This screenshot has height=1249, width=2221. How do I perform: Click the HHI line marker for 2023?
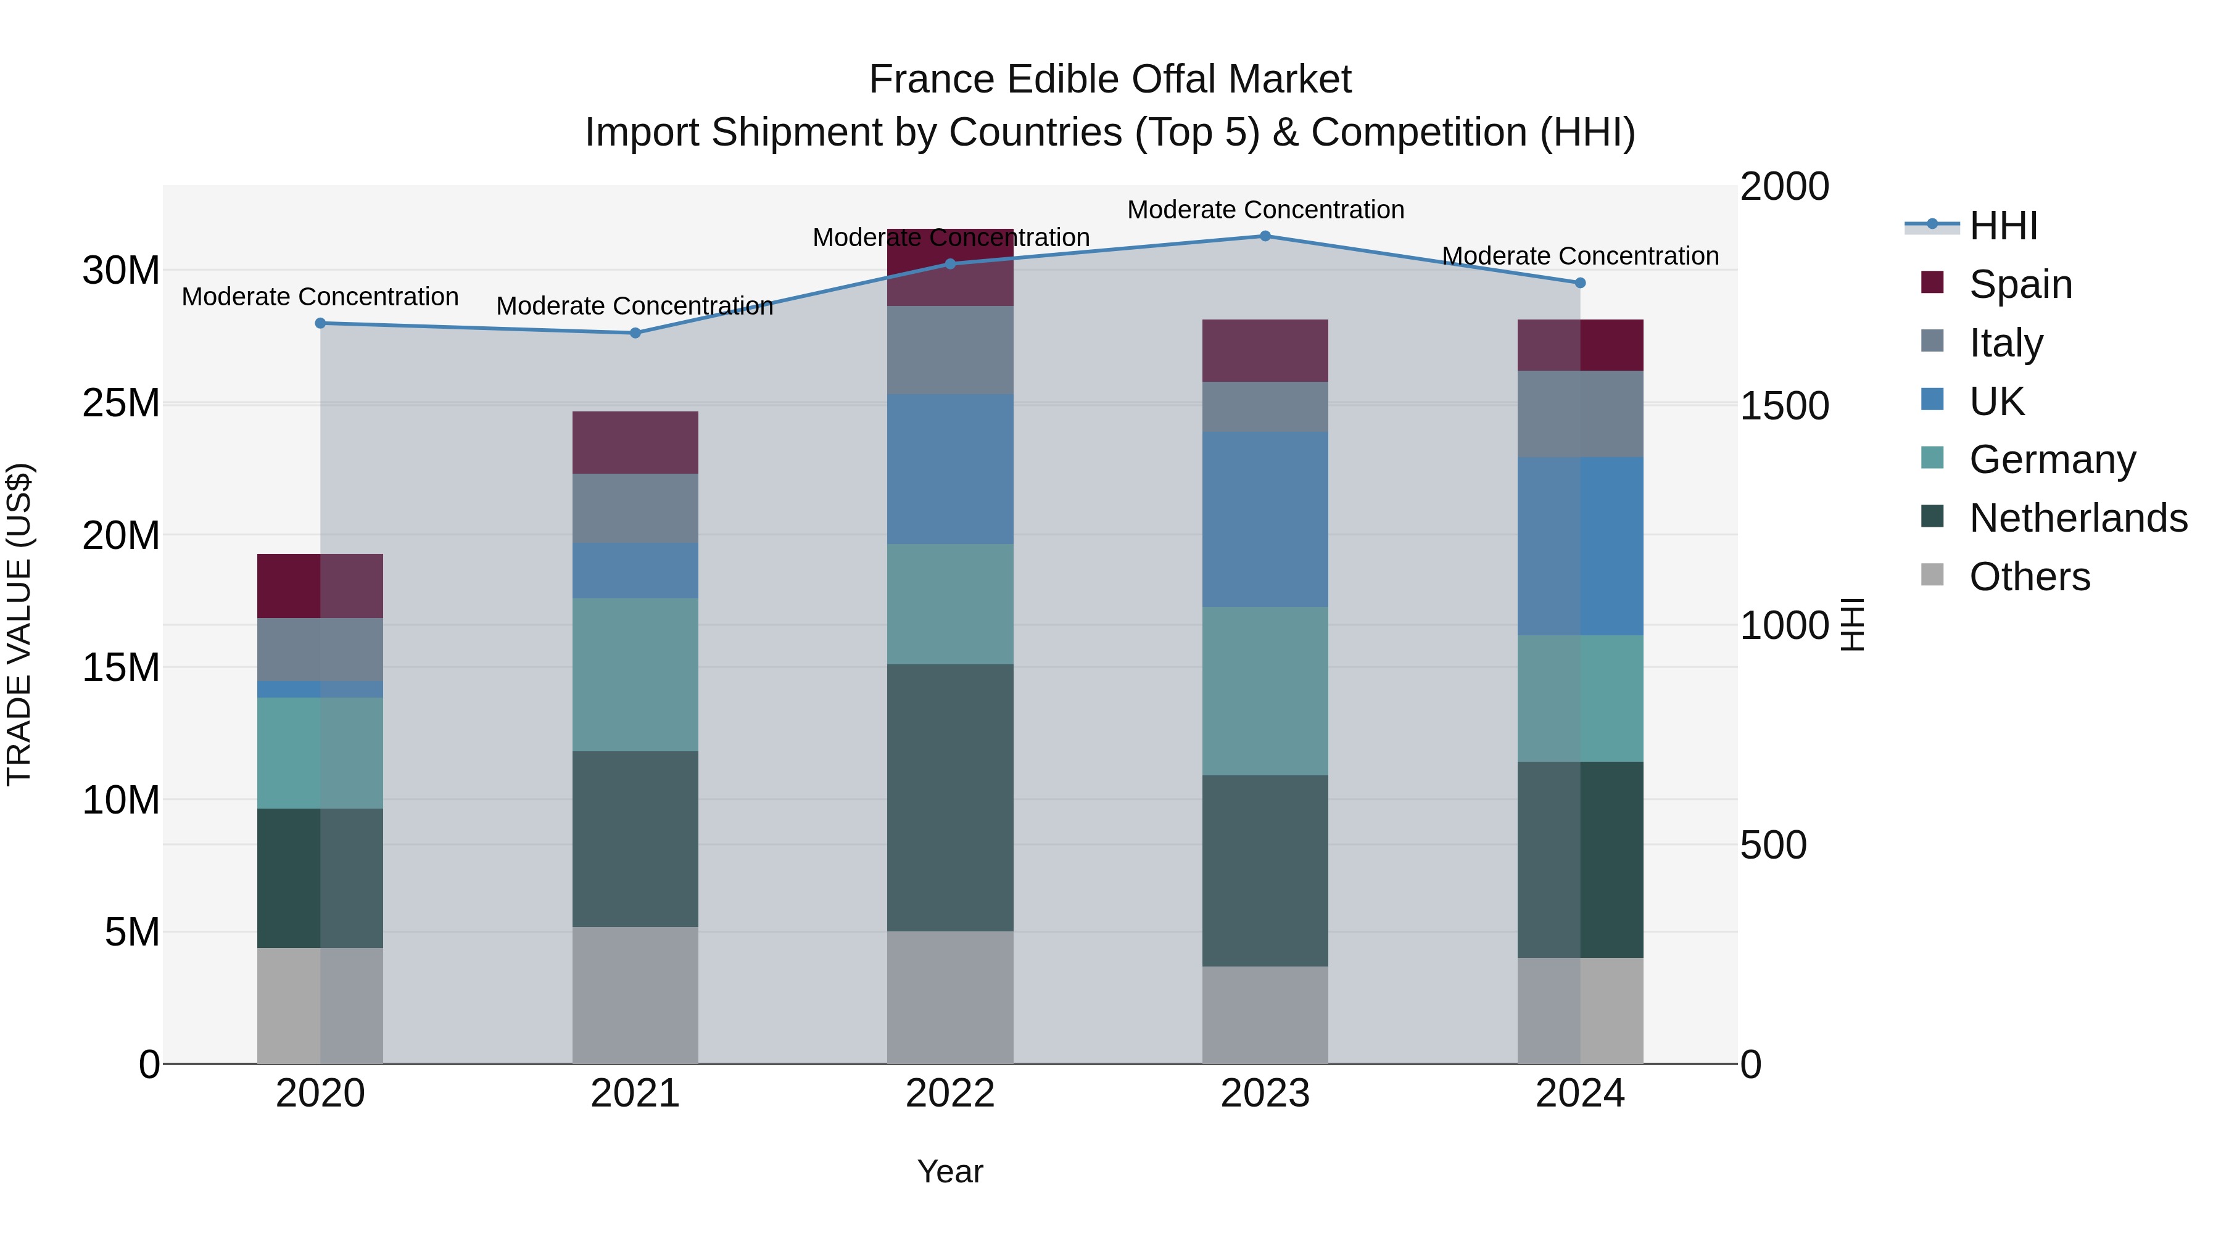click(1265, 236)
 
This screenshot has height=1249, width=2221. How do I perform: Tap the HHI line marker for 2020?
click(320, 323)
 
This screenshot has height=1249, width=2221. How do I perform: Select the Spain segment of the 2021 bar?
click(635, 442)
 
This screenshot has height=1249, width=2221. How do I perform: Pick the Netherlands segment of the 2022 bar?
click(950, 798)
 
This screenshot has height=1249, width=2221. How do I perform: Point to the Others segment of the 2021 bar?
click(635, 995)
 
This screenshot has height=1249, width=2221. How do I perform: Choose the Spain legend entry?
click(2020, 284)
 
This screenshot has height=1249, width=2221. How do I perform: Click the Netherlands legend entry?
click(2078, 518)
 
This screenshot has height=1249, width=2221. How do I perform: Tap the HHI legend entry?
click(2003, 225)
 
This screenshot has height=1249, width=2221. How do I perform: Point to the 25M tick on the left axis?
click(121, 403)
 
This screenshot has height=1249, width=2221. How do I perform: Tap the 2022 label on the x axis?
click(950, 1094)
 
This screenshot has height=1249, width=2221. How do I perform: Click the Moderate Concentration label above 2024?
click(1579, 256)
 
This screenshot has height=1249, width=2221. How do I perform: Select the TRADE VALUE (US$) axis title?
click(20, 624)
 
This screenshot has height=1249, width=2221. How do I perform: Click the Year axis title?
click(950, 1171)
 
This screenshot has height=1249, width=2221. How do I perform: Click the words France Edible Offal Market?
click(1110, 80)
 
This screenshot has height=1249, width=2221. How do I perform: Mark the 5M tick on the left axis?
click(132, 932)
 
